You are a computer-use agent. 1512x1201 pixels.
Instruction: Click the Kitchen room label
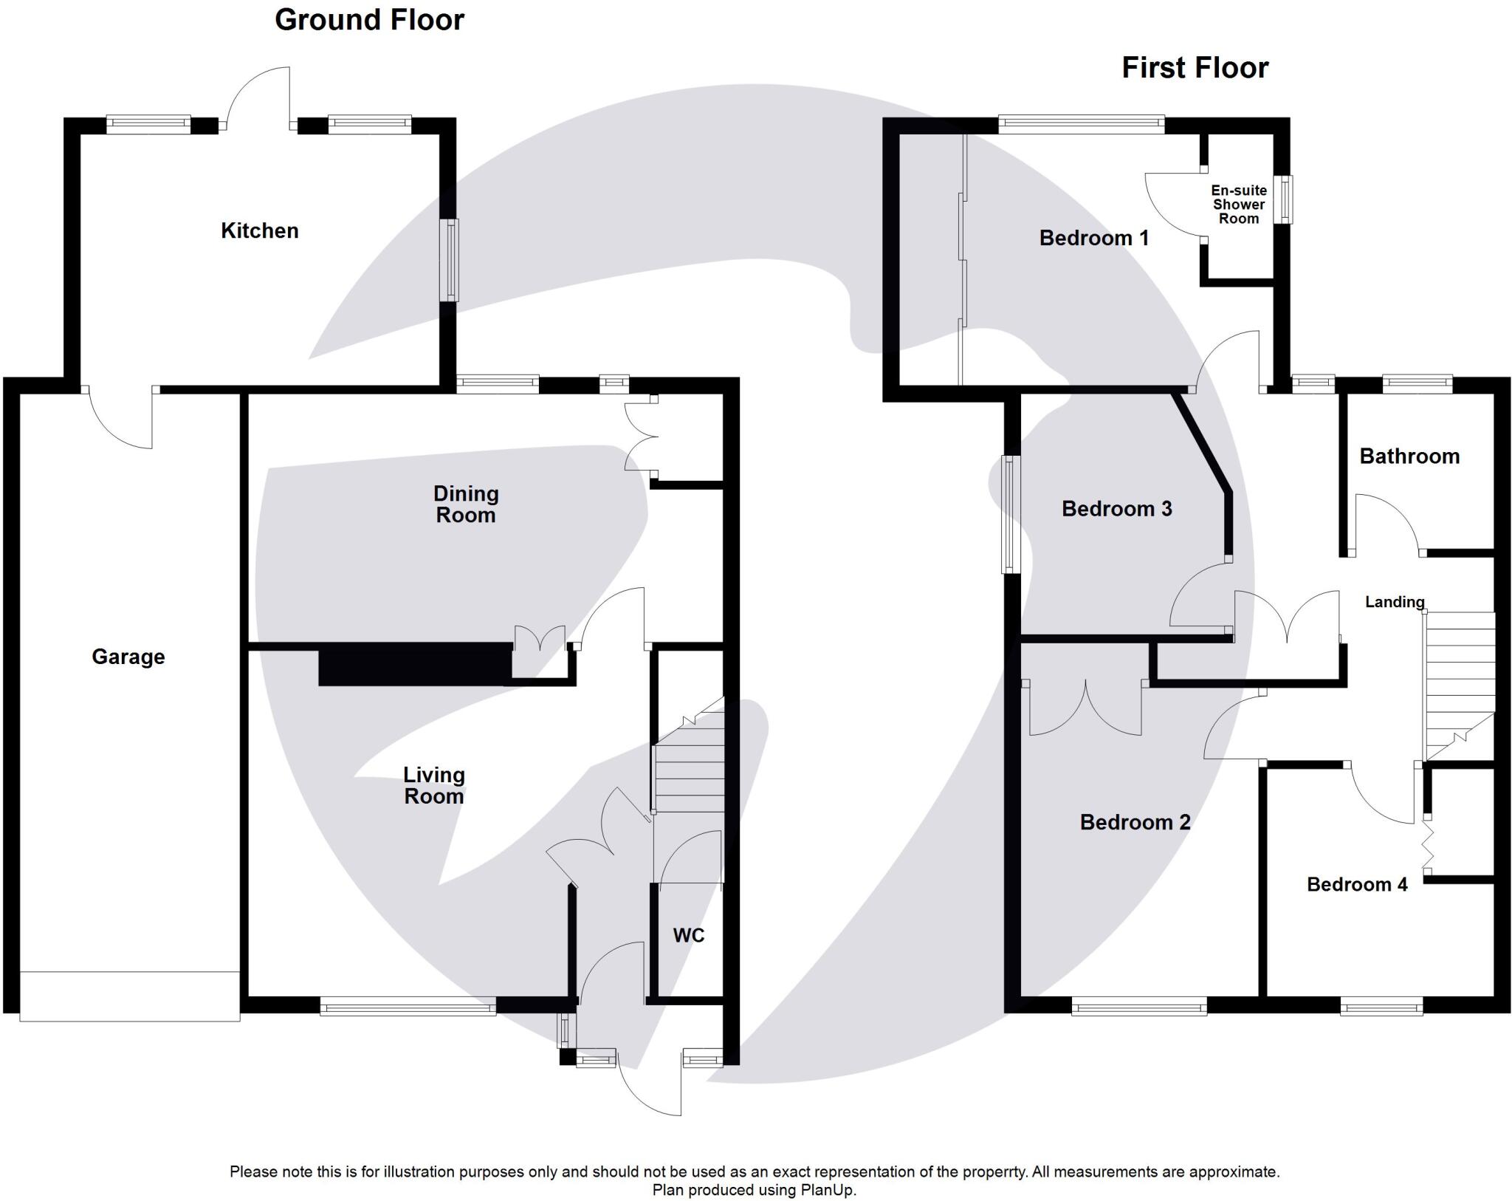click(x=259, y=231)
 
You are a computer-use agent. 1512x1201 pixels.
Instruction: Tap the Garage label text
click(x=128, y=657)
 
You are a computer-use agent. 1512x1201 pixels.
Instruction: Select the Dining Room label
click(x=465, y=504)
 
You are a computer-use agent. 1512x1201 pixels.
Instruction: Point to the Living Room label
click(x=433, y=786)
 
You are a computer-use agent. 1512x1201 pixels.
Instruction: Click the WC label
click(x=688, y=936)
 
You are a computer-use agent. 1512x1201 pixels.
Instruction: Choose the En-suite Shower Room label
click(x=1238, y=205)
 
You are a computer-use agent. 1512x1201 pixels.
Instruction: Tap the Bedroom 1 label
click(x=1093, y=238)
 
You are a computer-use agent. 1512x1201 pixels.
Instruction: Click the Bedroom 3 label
click(x=1116, y=509)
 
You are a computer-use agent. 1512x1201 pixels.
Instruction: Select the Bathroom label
click(x=1409, y=456)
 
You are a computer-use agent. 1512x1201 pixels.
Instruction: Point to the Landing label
click(x=1394, y=602)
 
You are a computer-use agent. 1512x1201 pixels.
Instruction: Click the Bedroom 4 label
click(x=1356, y=885)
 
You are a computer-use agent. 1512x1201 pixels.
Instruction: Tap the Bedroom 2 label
click(x=1135, y=823)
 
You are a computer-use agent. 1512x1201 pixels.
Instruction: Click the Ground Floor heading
click(x=369, y=20)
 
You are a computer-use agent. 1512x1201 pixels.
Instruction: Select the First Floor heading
click(x=1195, y=68)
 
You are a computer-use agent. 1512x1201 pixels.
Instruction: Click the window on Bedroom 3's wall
click(x=1010, y=514)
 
